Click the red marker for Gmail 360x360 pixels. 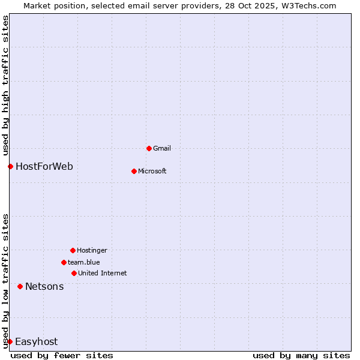(x=149, y=148)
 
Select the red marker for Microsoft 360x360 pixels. (x=134, y=171)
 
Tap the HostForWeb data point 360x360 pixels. (x=10, y=166)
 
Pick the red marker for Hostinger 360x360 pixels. (x=73, y=250)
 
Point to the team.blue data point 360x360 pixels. (x=64, y=262)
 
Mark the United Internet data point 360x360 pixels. (x=74, y=273)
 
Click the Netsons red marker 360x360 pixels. (x=20, y=286)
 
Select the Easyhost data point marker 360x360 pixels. (x=10, y=341)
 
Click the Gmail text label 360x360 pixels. (x=162, y=148)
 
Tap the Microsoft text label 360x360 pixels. (x=152, y=171)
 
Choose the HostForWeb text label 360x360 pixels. (x=44, y=166)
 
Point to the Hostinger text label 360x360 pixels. (x=92, y=250)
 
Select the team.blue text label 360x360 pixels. (x=83, y=262)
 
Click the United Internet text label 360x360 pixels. (x=102, y=273)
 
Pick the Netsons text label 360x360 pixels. (x=44, y=286)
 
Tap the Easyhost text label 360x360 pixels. (x=36, y=341)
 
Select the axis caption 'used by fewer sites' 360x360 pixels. (x=62, y=355)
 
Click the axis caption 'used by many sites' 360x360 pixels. (x=301, y=355)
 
